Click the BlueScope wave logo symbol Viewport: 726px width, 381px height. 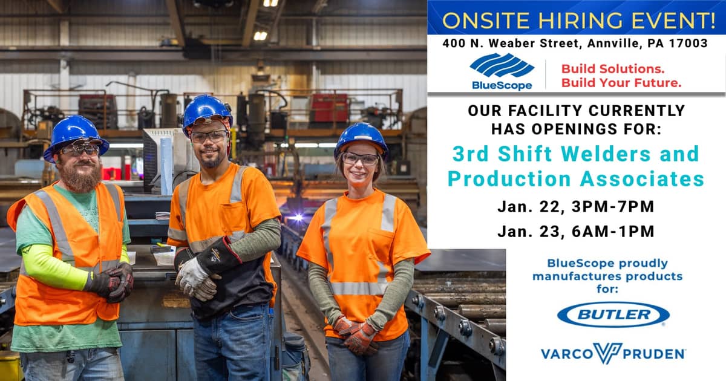(x=502, y=65)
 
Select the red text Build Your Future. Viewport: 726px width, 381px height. (x=621, y=83)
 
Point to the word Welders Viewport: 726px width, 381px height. (x=606, y=154)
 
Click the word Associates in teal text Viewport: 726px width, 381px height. (x=642, y=179)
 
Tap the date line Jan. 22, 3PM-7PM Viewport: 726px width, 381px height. (x=576, y=207)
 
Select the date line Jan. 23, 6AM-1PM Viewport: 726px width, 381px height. (x=576, y=231)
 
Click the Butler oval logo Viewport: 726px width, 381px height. (x=613, y=314)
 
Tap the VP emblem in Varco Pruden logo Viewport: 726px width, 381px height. (x=608, y=353)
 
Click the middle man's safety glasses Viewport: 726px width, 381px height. (x=209, y=137)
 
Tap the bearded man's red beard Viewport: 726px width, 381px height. (x=82, y=177)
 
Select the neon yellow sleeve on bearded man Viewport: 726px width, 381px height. (x=55, y=268)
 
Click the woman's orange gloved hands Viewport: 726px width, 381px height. (x=356, y=334)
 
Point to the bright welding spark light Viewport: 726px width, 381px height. (x=297, y=217)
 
